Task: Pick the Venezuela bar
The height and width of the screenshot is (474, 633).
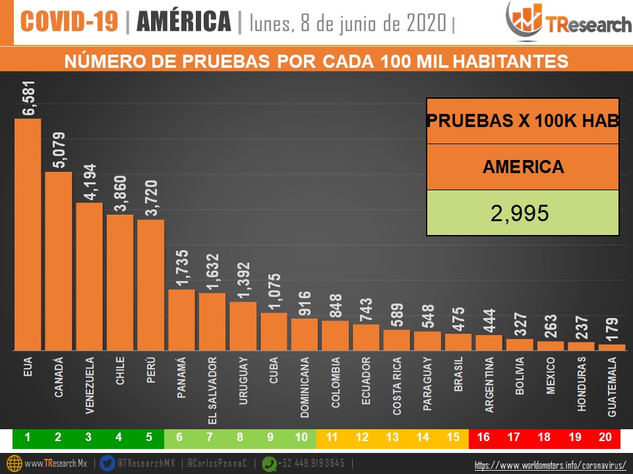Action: click(x=89, y=276)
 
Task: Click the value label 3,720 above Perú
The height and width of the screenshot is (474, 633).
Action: click(x=150, y=198)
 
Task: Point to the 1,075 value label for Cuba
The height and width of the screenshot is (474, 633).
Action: click(x=274, y=292)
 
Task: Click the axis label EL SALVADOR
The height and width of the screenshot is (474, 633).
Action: click(x=212, y=390)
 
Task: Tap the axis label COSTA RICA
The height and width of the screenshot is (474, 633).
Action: click(x=397, y=386)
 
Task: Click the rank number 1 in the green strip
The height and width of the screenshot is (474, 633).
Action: click(x=28, y=436)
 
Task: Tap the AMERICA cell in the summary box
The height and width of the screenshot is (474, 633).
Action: click(x=523, y=167)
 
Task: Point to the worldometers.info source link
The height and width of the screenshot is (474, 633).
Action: click(x=550, y=465)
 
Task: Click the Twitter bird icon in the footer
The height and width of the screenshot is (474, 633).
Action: click(x=108, y=463)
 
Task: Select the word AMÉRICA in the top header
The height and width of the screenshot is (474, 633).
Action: click(x=183, y=22)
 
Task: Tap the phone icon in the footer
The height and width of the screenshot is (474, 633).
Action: click(x=269, y=463)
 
